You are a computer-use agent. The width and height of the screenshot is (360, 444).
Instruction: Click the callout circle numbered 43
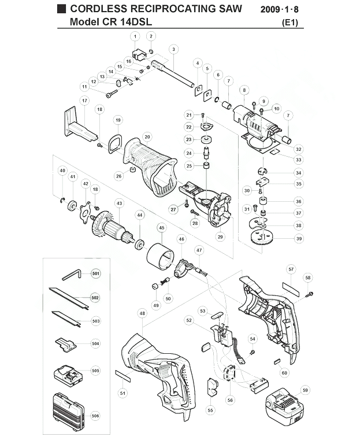(119, 203)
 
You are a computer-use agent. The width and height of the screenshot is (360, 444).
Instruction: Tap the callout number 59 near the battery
(305, 390)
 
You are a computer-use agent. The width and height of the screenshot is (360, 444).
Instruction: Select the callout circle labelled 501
(96, 273)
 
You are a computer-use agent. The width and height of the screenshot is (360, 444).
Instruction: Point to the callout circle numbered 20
(147, 137)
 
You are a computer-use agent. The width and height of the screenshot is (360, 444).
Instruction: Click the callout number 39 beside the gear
(299, 239)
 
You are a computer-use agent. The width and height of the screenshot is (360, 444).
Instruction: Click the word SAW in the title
(230, 9)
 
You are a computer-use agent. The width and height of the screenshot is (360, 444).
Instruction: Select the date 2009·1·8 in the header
(280, 9)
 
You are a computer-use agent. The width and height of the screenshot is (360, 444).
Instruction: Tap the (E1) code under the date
(290, 23)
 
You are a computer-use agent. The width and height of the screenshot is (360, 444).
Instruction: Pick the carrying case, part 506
(69, 408)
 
